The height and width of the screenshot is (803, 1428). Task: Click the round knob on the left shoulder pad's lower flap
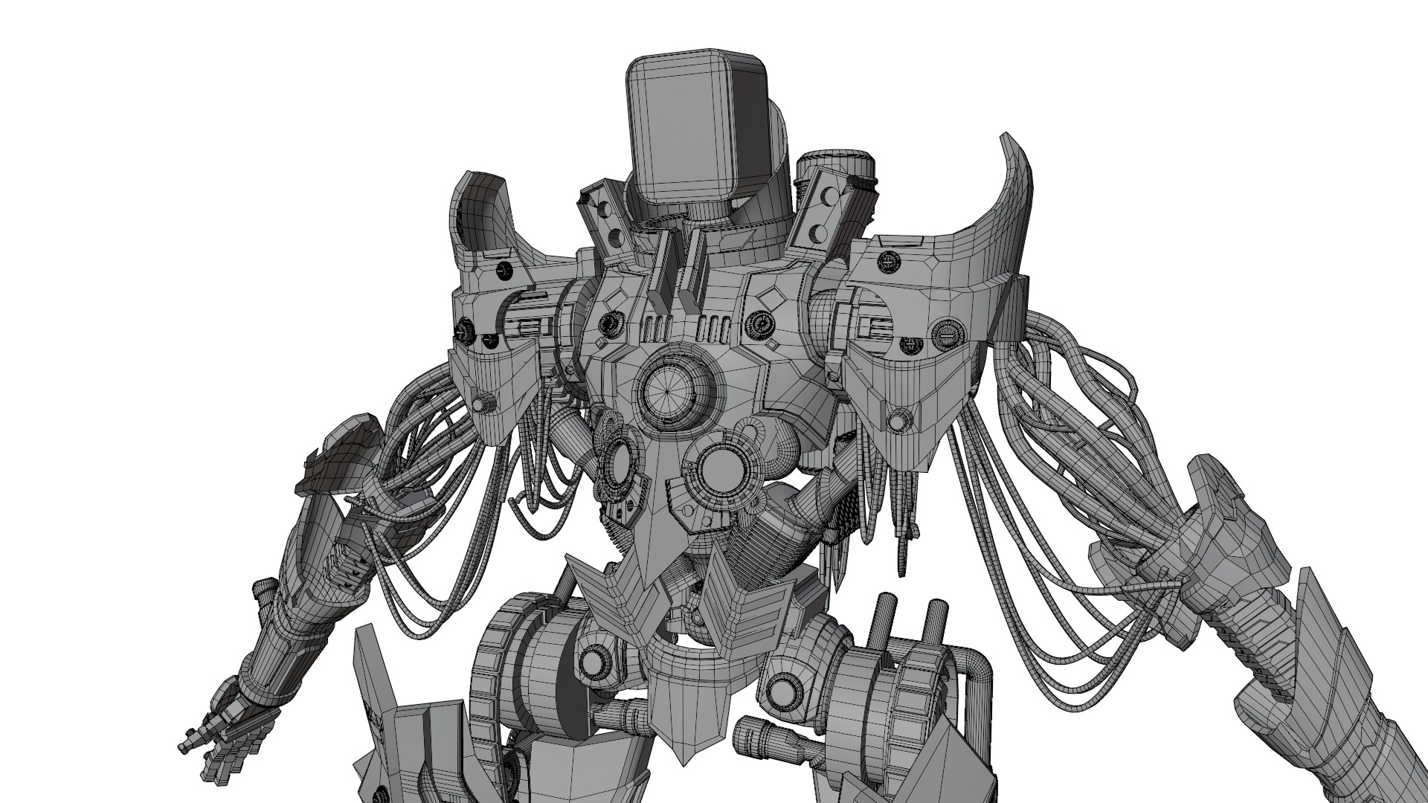pyautogui.click(x=487, y=401)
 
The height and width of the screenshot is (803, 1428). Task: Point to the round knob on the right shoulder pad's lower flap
pyautogui.click(x=898, y=422)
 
